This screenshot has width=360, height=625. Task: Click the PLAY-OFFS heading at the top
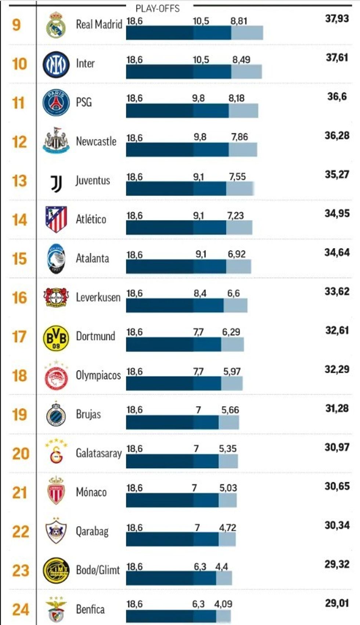158,8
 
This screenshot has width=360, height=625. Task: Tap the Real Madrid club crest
56,25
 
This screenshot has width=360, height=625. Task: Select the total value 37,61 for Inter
337,57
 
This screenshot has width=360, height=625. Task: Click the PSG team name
84,102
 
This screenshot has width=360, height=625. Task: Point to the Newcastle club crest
56,141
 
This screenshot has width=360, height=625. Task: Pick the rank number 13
19,181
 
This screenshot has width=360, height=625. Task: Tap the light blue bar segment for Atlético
239,228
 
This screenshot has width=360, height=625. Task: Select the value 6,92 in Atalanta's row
237,254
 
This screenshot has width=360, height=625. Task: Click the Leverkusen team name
98,297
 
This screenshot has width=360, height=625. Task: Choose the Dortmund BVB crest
56,337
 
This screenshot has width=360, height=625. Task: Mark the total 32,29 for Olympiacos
337,369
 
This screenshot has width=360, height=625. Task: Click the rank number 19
19,415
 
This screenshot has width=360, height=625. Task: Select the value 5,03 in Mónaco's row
228,488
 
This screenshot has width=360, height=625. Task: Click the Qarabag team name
92,531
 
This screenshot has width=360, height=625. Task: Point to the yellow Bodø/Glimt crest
56,571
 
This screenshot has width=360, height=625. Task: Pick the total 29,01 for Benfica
337,603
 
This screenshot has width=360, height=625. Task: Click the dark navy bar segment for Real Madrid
159,33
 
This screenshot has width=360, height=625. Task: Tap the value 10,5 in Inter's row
201,60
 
